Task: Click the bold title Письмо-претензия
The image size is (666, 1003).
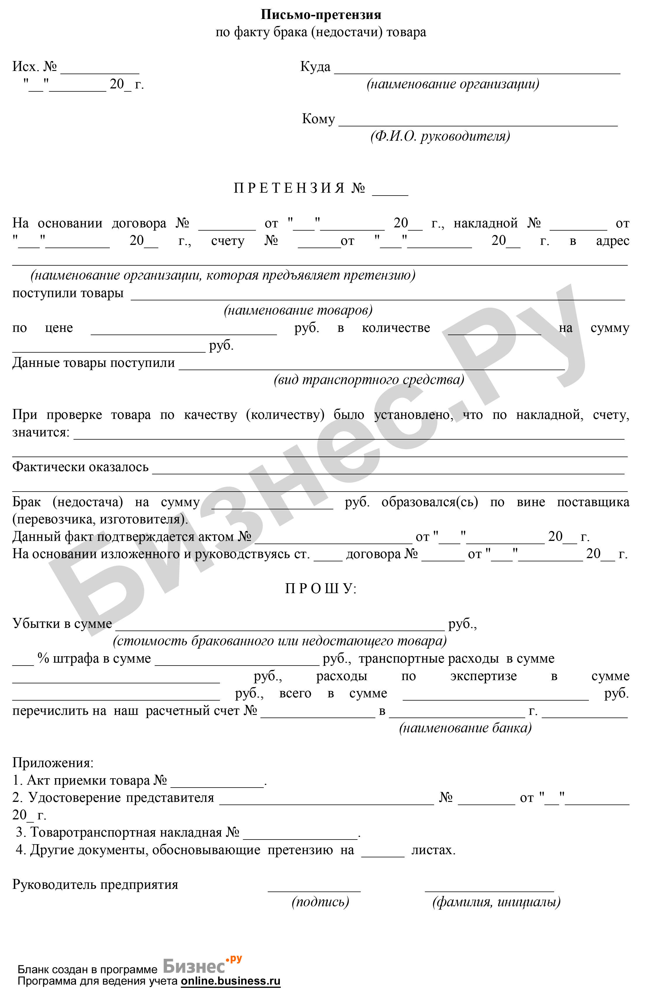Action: click(321, 15)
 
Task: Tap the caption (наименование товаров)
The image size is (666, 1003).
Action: click(298, 310)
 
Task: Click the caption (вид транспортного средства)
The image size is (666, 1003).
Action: click(369, 379)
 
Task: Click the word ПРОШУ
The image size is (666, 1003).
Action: click(321, 589)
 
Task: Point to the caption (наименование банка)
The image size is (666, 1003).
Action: click(465, 728)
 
